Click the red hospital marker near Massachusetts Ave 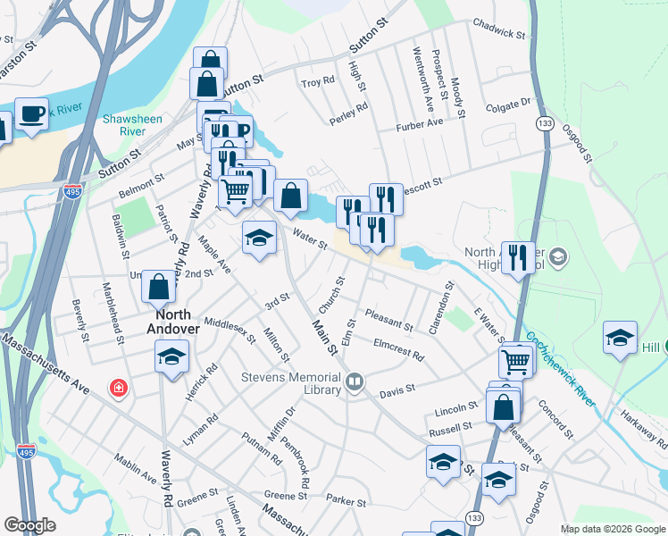(117, 388)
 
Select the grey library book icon (355, 382)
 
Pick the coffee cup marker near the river (32, 115)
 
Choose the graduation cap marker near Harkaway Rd (620, 339)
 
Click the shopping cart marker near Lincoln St (516, 362)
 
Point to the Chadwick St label (499, 28)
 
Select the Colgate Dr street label (508, 106)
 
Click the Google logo (29, 525)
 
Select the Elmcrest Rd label (398, 348)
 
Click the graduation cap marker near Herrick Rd (171, 357)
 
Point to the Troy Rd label (317, 82)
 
